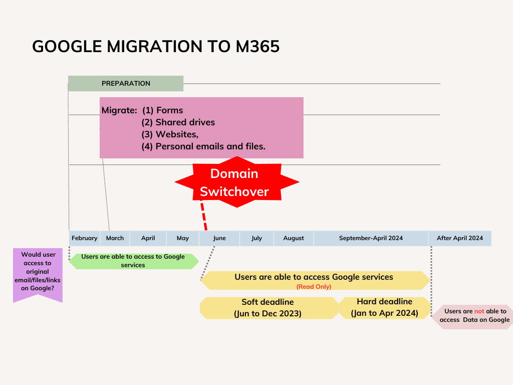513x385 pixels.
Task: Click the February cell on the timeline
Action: (84, 238)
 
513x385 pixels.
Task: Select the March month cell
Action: (115, 238)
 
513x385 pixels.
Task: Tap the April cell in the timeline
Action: (148, 238)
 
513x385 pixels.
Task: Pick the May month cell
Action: (183, 238)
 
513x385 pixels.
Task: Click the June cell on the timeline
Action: (219, 238)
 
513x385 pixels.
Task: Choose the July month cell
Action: (257, 238)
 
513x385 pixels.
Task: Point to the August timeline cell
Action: (294, 238)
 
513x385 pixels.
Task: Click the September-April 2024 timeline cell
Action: (371, 238)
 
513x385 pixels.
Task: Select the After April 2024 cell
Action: (460, 238)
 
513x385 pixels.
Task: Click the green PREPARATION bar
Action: (126, 84)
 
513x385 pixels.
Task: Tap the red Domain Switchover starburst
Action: (237, 182)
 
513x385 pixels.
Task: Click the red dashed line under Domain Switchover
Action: (204, 217)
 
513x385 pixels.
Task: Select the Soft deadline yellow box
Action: (269, 308)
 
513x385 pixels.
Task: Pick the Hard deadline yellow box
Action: (385, 308)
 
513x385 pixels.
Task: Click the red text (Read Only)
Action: (314, 287)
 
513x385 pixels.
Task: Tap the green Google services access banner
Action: (134, 261)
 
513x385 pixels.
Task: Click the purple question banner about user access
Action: (38, 274)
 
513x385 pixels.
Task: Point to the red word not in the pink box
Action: (479, 311)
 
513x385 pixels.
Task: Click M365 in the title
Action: (258, 47)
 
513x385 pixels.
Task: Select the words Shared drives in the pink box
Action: (185, 122)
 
